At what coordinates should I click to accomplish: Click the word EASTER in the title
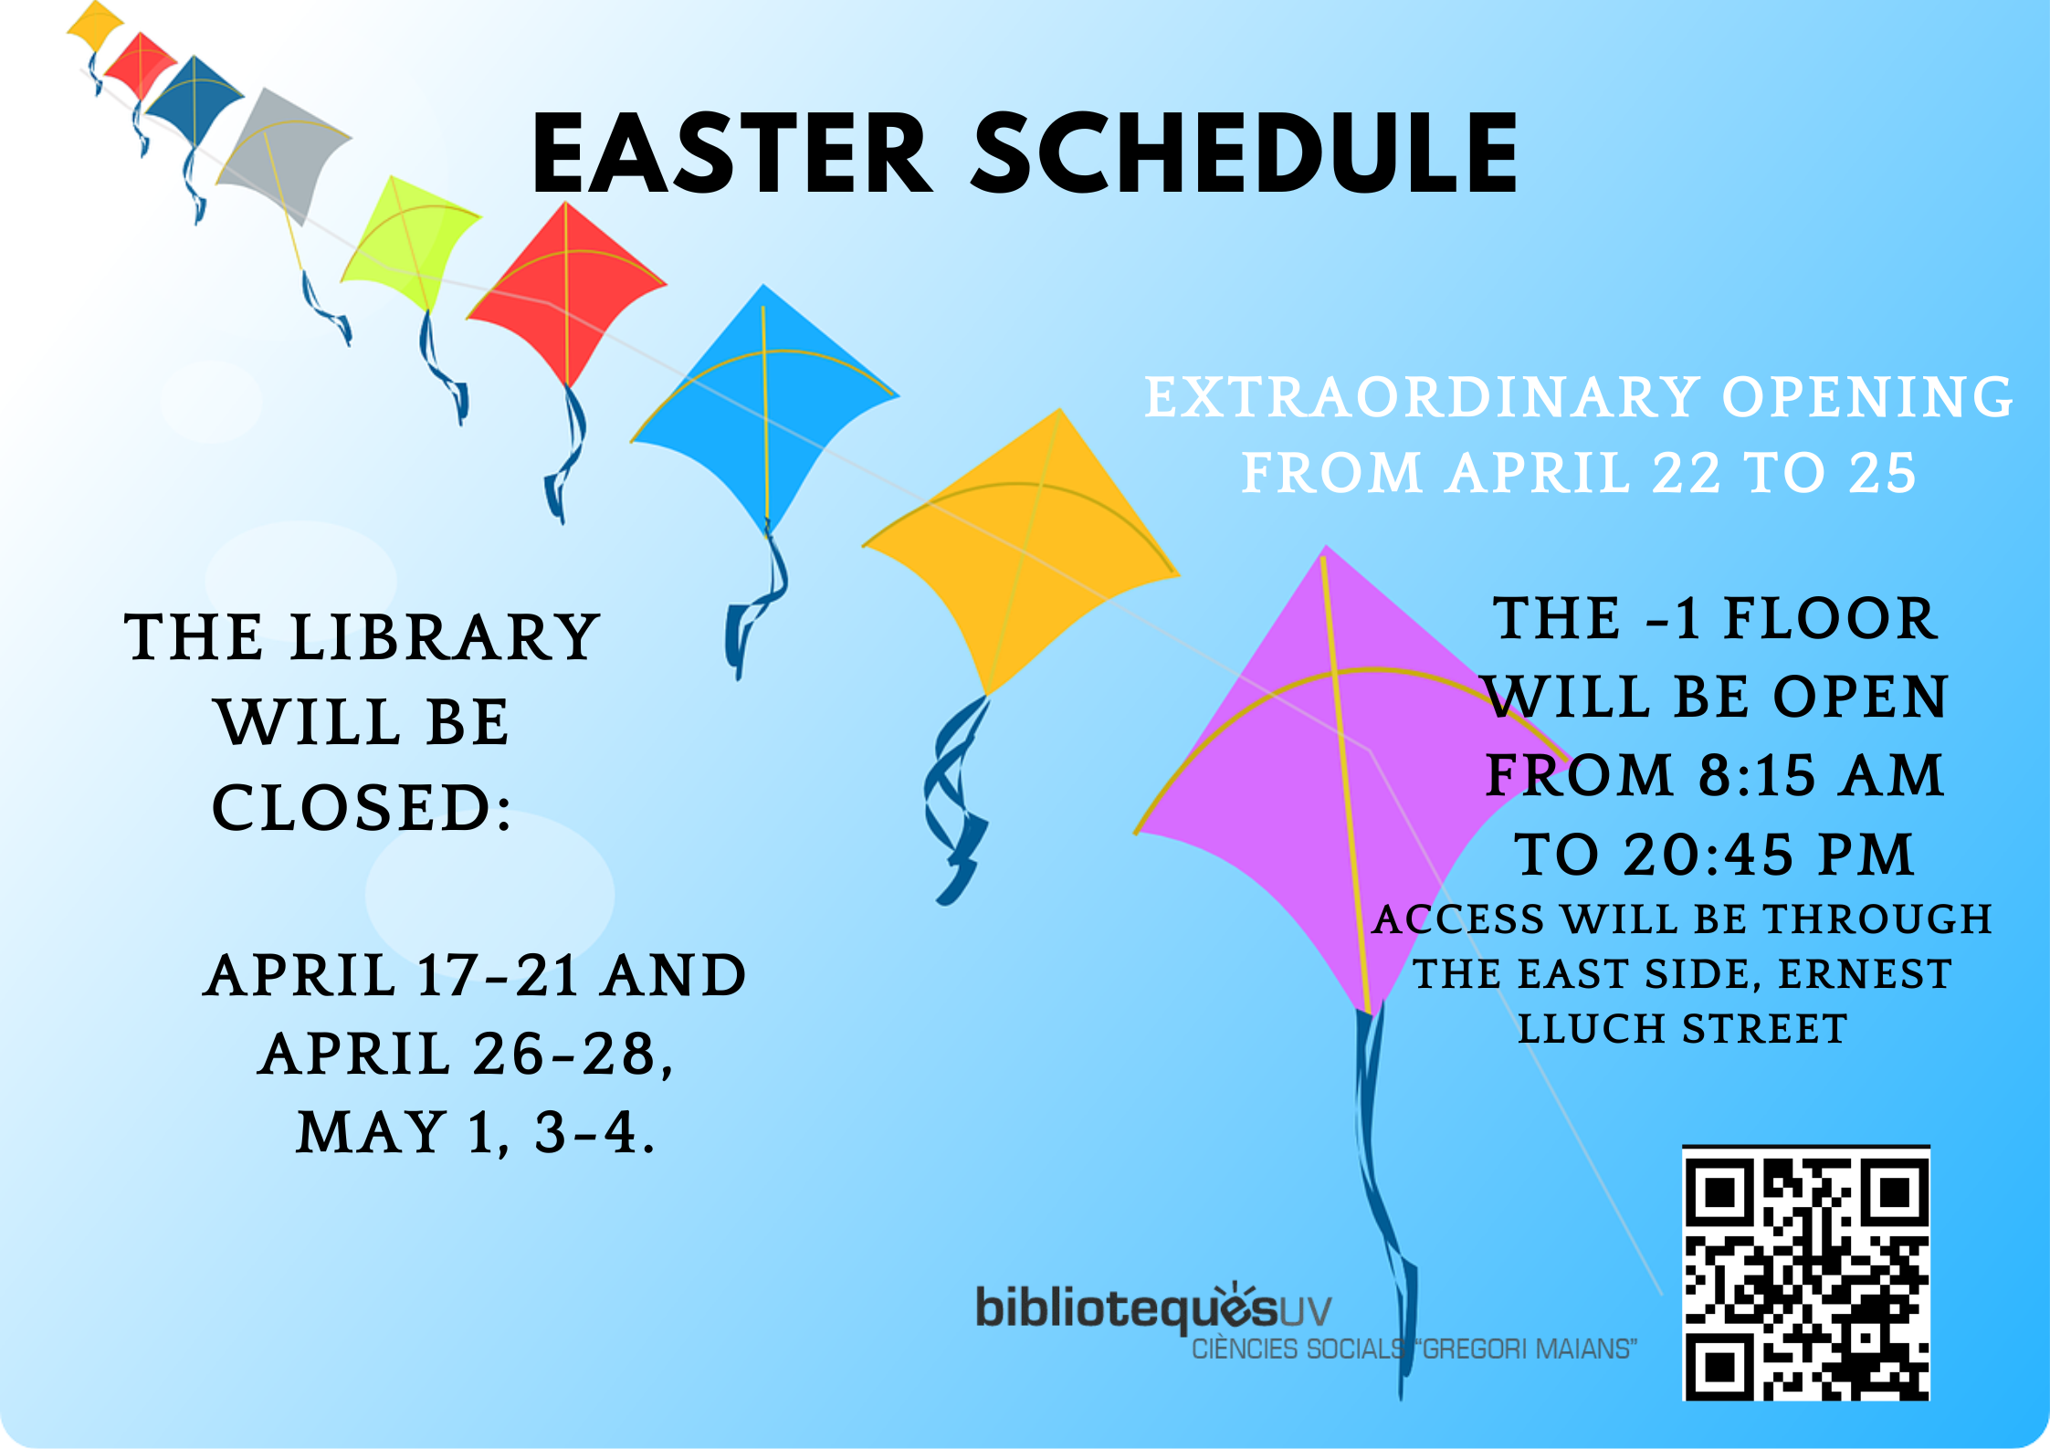[732, 153]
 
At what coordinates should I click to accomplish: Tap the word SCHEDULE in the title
[1244, 153]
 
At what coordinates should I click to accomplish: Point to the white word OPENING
[1867, 397]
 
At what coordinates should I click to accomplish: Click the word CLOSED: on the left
[362, 808]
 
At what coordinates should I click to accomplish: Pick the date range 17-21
[498, 975]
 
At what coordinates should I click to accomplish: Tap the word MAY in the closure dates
[372, 1132]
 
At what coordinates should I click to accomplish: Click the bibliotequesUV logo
[1154, 1307]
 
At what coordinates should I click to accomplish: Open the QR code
[1806, 1273]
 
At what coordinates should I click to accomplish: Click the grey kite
[283, 151]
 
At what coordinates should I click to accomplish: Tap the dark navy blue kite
[194, 99]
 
